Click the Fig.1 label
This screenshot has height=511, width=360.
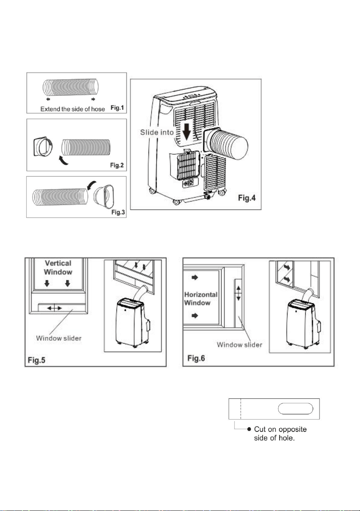coord(117,108)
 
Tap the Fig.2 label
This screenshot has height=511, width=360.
coord(117,165)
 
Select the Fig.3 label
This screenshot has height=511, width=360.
coord(118,212)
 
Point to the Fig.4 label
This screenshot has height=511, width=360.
coord(247,198)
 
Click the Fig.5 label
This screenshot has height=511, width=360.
coord(37,360)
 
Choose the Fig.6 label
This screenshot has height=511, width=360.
coord(196,358)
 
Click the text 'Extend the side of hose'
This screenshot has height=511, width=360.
coord(73,109)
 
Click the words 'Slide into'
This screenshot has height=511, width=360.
coord(157,132)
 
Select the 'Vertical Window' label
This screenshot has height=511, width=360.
coord(58,267)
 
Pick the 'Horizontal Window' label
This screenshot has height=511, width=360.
coord(201,299)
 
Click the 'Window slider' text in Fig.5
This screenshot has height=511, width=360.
coord(59,338)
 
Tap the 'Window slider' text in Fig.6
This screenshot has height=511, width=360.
coord(239,345)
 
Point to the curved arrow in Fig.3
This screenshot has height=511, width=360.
coord(91,185)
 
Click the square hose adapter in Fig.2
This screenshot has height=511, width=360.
coord(43,147)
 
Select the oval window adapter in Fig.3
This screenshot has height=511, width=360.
coord(104,196)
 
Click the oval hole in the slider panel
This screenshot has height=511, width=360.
coord(296,409)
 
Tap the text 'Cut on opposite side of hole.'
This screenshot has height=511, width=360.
coord(280,434)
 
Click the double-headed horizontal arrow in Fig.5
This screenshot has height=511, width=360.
coord(54,308)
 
